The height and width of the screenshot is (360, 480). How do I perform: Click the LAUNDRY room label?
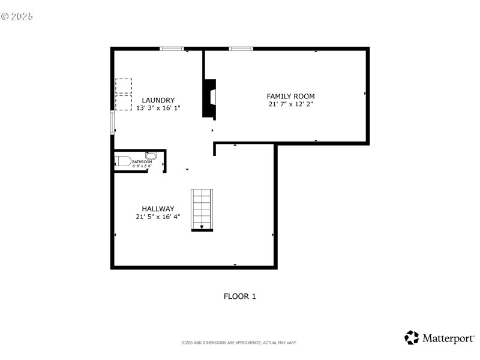tap(158, 100)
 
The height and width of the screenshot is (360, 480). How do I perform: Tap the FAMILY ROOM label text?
tap(290, 96)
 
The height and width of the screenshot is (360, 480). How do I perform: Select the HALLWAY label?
tap(158, 209)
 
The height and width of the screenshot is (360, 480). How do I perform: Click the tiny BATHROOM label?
tap(142, 161)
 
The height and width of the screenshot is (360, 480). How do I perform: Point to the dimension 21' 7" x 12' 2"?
tap(290, 104)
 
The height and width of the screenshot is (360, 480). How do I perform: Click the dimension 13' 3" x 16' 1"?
tap(158, 108)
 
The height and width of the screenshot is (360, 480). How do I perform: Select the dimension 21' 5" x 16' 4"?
tap(158, 217)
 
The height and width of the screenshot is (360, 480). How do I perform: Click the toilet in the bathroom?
tap(123, 161)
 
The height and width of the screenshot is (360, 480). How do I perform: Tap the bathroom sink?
tap(151, 155)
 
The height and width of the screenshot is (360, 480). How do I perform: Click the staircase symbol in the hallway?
tap(202, 209)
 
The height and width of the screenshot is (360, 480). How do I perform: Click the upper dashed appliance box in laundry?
tap(124, 85)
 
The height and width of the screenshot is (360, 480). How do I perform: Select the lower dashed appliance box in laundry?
tap(124, 102)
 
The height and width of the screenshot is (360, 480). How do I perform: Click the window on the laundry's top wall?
tap(172, 48)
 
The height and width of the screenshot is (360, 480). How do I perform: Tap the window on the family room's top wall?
tap(241, 48)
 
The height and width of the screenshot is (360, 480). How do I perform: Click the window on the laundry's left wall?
tap(112, 122)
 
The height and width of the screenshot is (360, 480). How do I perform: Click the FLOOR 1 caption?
tap(239, 296)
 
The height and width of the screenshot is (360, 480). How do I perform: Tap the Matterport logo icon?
tap(412, 338)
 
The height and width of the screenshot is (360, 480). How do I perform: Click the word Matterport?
tap(448, 338)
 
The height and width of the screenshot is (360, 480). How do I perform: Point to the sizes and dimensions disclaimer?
tap(239, 343)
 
